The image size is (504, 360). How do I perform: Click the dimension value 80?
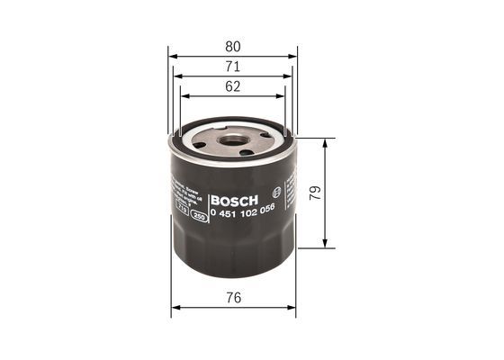(232, 45)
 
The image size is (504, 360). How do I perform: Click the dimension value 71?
(232, 66)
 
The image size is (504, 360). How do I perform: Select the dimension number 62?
(232, 86)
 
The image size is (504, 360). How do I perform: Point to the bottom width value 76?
(233, 295)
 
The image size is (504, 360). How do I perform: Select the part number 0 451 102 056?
(241, 214)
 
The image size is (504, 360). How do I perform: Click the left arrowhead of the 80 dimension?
(173, 55)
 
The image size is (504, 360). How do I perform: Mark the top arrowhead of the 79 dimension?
(325, 142)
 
